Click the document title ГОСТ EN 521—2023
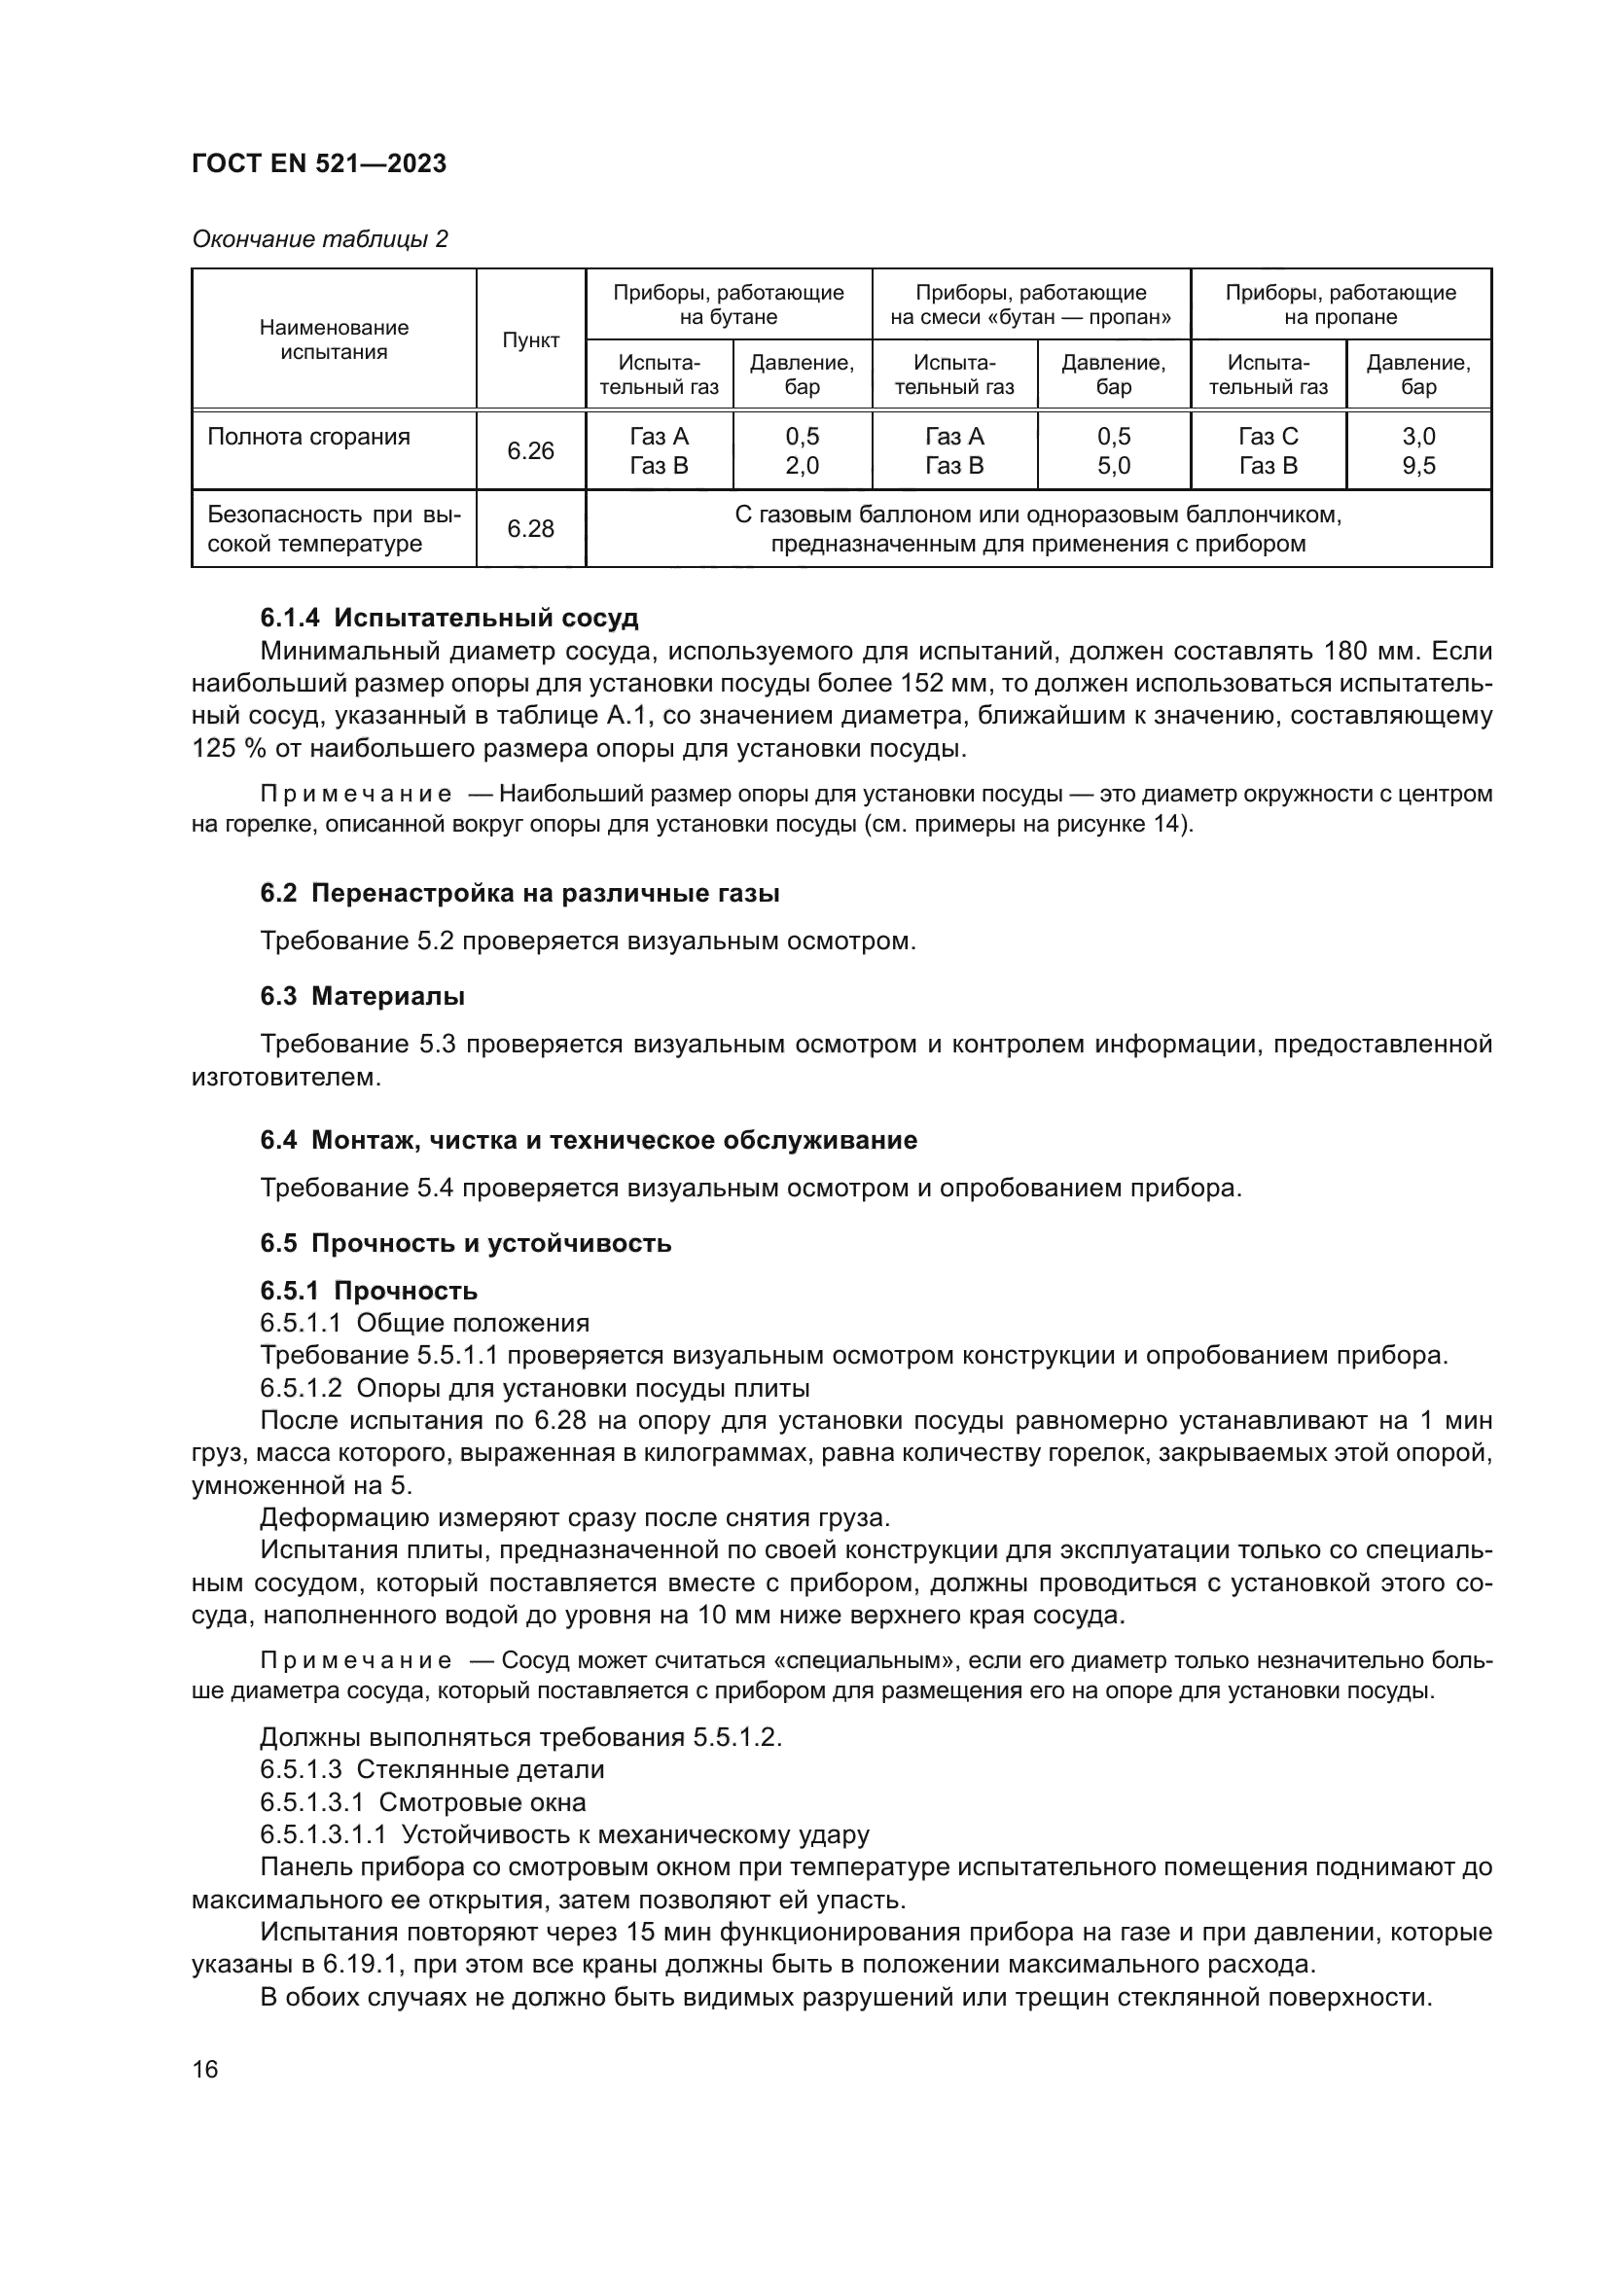click(318, 163)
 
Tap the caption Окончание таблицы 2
click(319, 239)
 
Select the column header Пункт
click(530, 339)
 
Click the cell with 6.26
click(530, 451)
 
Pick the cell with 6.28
click(530, 528)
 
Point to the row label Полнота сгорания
click(308, 437)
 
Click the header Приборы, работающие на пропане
click(1340, 304)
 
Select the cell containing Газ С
click(1268, 437)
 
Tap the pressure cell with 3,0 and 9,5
click(1417, 451)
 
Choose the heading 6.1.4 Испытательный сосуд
click(448, 619)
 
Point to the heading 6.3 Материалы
click(362, 996)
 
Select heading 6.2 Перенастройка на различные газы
click(519, 893)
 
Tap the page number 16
click(205, 2069)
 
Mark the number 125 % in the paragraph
click(229, 748)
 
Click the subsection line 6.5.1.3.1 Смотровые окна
click(423, 1801)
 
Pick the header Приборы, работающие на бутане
click(729, 304)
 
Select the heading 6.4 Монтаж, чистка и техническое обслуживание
click(589, 1140)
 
